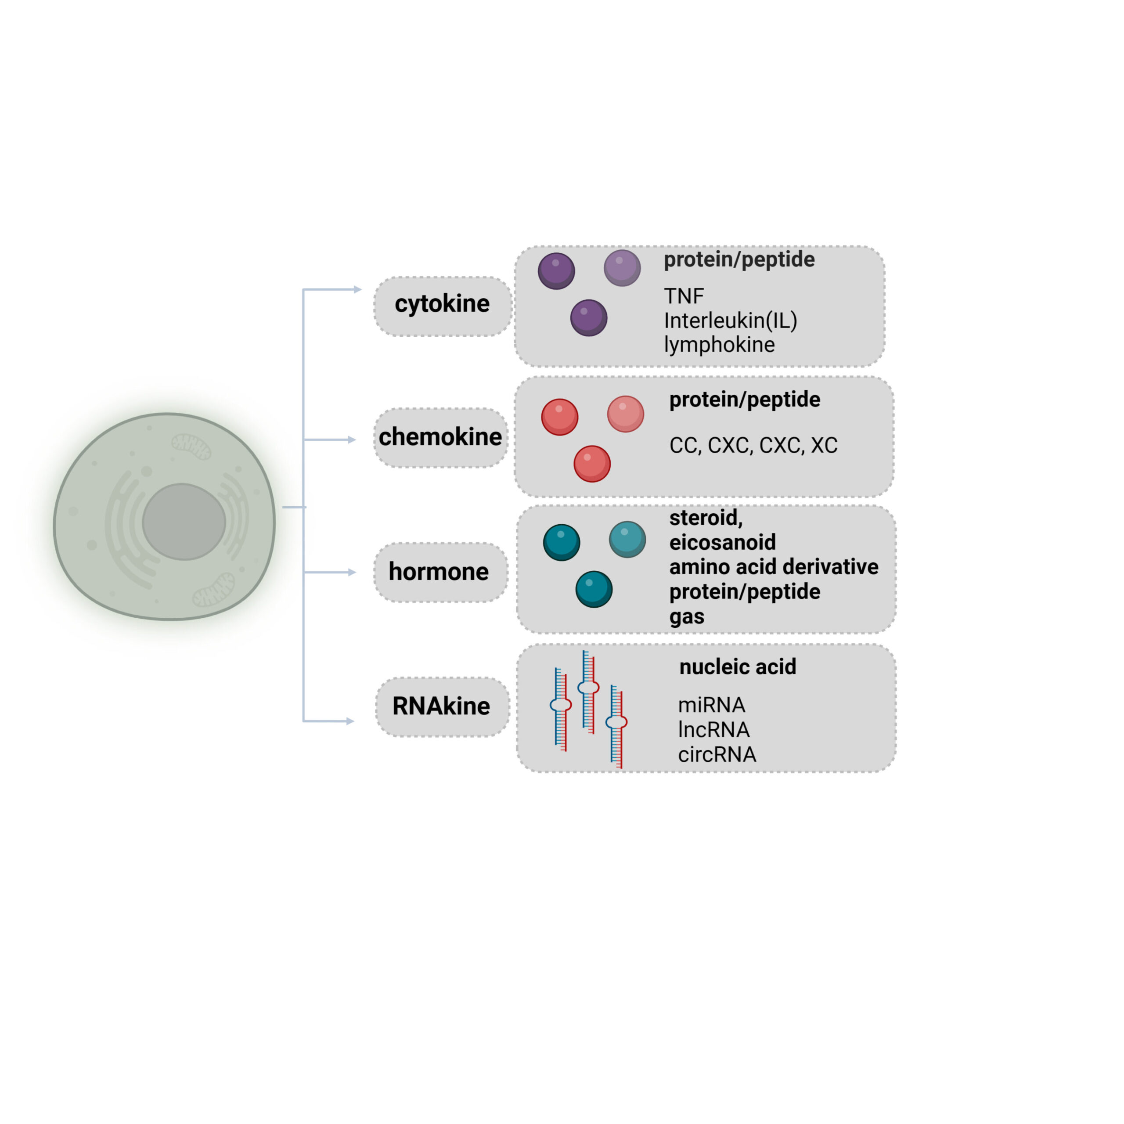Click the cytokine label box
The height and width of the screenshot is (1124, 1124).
[442, 306]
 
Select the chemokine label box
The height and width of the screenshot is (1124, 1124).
[440, 437]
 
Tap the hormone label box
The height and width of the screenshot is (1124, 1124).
[440, 572]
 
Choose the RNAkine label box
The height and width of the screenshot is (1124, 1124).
[442, 706]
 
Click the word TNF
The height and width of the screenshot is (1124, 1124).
[684, 296]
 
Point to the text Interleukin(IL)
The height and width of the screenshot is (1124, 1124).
[730, 321]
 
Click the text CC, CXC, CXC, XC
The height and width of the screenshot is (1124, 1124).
[753, 445]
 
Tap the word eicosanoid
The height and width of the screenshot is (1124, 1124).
[722, 542]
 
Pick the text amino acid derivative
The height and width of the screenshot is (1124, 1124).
[773, 567]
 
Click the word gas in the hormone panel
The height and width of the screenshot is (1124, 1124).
[687, 616]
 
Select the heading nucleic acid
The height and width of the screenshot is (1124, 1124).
[737, 667]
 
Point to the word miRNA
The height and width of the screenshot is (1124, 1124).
[711, 705]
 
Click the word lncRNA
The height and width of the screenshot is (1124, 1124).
[713, 730]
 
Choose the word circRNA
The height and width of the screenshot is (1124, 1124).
[717, 755]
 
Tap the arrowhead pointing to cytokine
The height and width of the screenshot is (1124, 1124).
[358, 289]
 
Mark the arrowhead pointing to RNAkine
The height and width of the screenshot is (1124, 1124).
[350, 721]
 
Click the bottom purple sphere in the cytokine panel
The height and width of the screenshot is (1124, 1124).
[588, 317]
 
